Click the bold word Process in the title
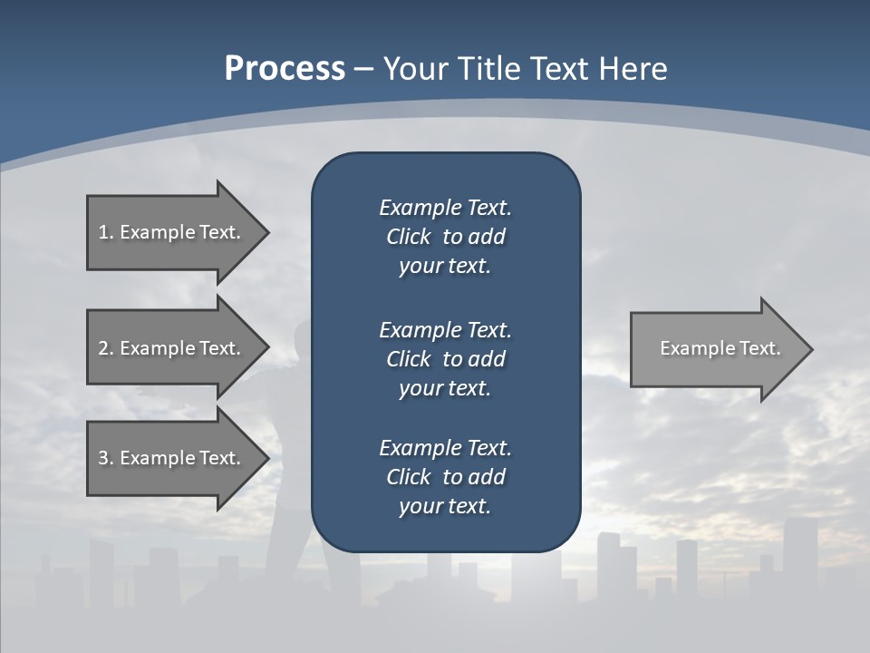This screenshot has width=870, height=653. pyautogui.click(x=285, y=69)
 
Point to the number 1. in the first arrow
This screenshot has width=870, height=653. pyautogui.click(x=106, y=232)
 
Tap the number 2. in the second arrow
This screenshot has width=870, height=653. pyautogui.click(x=106, y=348)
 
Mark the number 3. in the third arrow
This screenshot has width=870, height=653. pyautogui.click(x=106, y=458)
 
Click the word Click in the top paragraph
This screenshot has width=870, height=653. pyautogui.click(x=408, y=238)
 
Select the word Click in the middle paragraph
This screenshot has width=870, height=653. pyautogui.click(x=408, y=359)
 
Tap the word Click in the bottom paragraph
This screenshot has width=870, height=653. pyautogui.click(x=408, y=477)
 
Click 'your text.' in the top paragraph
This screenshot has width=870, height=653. pyautogui.click(x=445, y=267)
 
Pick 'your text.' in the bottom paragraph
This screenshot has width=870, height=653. pyautogui.click(x=445, y=506)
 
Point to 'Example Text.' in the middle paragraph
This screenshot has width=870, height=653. pyautogui.click(x=445, y=329)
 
